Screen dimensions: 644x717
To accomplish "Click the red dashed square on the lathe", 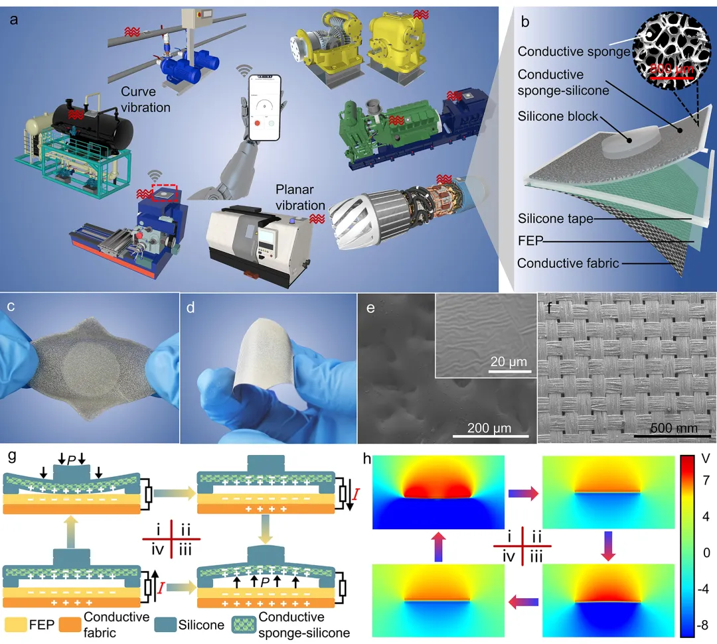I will coord(165,193).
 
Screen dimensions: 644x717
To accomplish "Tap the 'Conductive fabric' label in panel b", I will coord(568,263).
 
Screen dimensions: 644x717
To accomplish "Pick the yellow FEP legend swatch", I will coord(17,623).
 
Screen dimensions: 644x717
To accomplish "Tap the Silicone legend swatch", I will coord(165,623).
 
